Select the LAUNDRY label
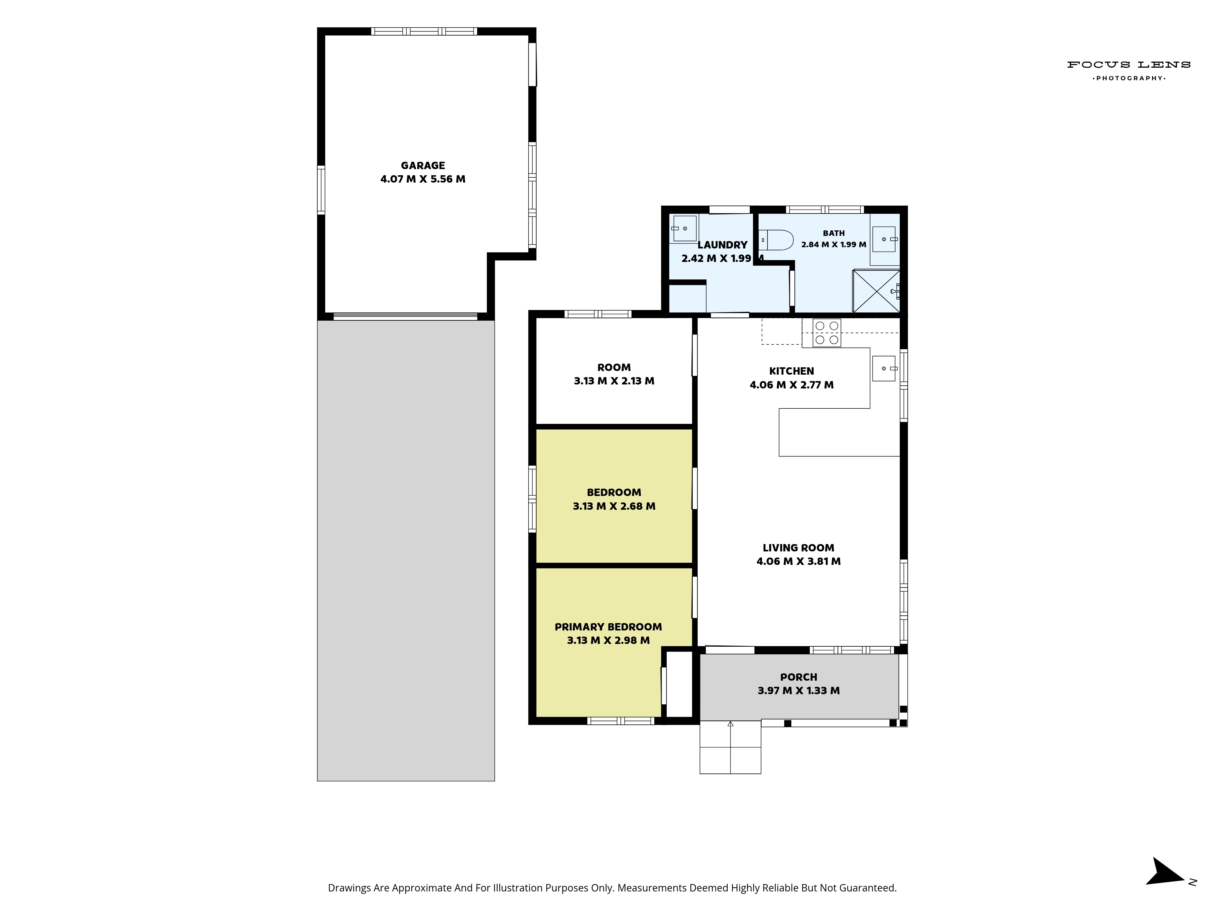[x=722, y=245]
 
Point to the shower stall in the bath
[x=876, y=291]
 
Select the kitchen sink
[x=884, y=369]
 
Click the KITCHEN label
[x=791, y=371]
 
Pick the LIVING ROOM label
[x=798, y=548]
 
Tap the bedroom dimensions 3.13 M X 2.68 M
[x=614, y=506]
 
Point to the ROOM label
[x=614, y=367]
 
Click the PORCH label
[x=799, y=677]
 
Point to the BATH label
[x=834, y=233]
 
